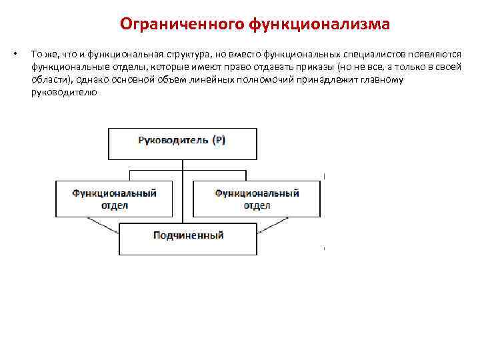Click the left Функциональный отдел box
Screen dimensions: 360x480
point(114,199)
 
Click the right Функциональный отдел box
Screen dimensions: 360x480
point(257,199)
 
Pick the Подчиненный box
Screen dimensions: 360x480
point(187,239)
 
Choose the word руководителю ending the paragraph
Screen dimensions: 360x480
point(63,93)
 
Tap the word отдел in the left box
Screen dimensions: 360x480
point(114,205)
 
